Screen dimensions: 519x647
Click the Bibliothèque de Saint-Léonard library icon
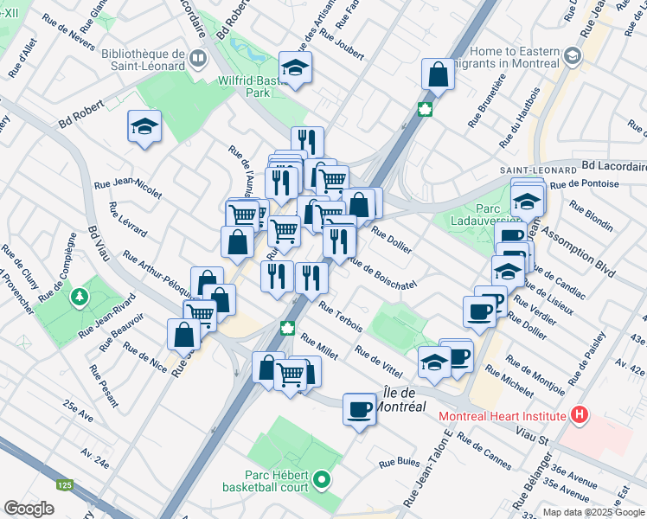tap(199, 59)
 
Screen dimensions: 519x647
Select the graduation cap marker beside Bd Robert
tap(144, 127)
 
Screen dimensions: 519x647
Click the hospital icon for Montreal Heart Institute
tap(579, 416)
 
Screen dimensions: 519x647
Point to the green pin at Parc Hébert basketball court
tap(322, 478)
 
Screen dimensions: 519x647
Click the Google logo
tap(29, 509)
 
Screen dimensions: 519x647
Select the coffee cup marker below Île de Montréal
tap(359, 409)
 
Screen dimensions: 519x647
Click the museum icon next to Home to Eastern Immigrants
tap(572, 56)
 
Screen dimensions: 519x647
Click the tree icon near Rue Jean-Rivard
tap(80, 297)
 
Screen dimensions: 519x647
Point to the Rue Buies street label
tap(399, 464)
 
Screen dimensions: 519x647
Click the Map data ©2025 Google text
tap(593, 512)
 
